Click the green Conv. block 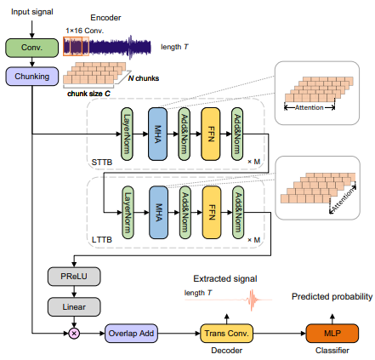(32, 48)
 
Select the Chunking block (32, 77)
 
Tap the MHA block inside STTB (157, 134)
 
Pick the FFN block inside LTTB (212, 213)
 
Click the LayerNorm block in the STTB (127, 134)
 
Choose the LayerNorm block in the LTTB (128, 213)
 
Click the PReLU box (74, 277)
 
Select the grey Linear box (74, 307)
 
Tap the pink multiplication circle (74, 334)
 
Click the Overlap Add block (131, 334)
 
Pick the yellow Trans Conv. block (226, 334)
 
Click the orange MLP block (332, 334)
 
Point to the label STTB (102, 163)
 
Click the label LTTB (102, 240)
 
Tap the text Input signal (32, 12)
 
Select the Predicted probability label (332, 297)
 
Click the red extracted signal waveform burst (252, 300)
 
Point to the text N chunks (144, 78)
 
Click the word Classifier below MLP (332, 351)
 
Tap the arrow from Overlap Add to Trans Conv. (179, 334)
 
